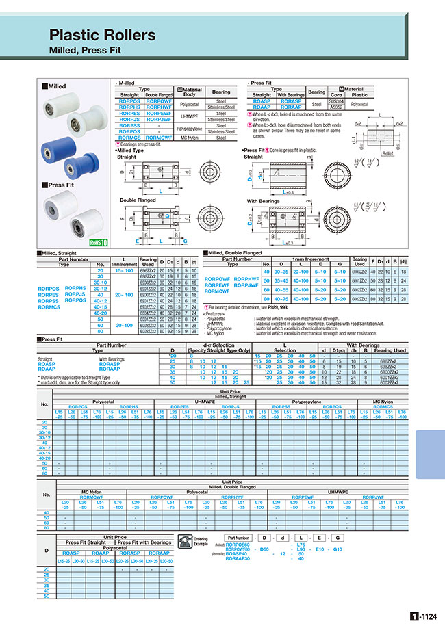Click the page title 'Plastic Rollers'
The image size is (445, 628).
click(102, 35)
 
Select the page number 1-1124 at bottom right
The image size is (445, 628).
click(424, 616)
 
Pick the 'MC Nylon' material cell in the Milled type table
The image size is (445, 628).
click(190, 138)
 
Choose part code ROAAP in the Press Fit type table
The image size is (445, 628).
click(261, 107)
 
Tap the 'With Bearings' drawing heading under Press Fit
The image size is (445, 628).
click(264, 201)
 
